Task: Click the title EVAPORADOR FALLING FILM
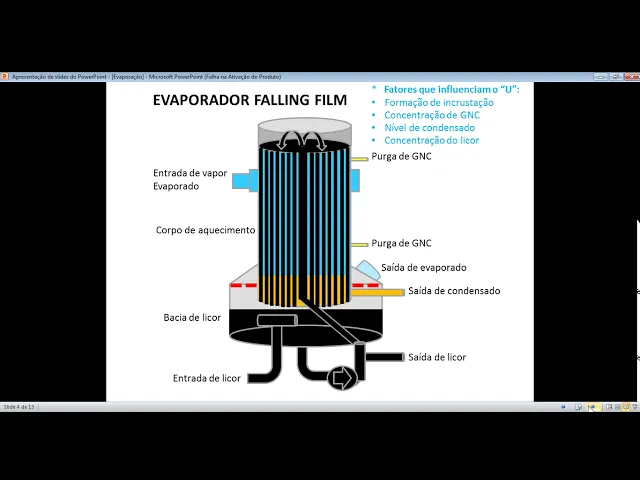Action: tap(249, 100)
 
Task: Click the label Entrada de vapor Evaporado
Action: tap(190, 179)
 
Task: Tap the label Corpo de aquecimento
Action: tap(206, 230)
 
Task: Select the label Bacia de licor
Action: tap(192, 318)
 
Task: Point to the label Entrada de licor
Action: tap(207, 378)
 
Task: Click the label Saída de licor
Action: tap(437, 357)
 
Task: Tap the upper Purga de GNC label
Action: tap(401, 158)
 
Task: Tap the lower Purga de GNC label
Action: tap(401, 243)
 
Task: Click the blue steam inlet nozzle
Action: tap(242, 181)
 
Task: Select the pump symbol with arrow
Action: tap(342, 377)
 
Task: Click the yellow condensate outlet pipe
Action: tap(378, 292)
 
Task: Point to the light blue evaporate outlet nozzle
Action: tap(366, 269)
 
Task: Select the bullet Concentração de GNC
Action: tap(431, 115)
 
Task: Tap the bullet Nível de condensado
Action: tap(429, 128)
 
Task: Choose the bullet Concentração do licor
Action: tap(431, 141)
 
